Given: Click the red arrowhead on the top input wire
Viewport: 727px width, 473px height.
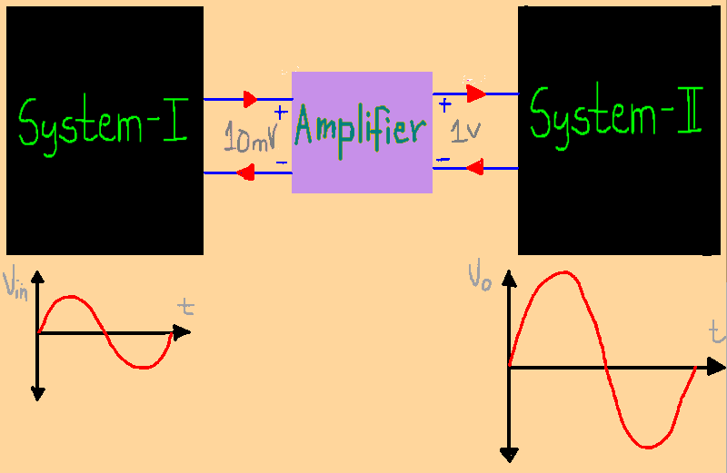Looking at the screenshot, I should [251, 98].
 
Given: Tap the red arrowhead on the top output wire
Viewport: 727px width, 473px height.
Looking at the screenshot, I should [475, 93].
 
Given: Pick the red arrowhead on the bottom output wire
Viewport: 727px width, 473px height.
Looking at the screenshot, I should [473, 167].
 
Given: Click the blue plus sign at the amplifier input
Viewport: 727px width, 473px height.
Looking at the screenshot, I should [280, 113].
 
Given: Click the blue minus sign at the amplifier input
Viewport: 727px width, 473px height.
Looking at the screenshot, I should [281, 163].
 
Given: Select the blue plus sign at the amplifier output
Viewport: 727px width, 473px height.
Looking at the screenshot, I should [444, 105].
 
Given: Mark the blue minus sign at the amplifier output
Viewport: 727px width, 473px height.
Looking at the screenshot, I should [443, 159].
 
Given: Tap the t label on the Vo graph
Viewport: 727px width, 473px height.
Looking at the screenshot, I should [717, 332].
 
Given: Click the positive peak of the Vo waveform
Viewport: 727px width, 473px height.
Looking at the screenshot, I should [566, 272].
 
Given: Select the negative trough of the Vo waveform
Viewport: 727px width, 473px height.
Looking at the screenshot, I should [648, 447].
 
